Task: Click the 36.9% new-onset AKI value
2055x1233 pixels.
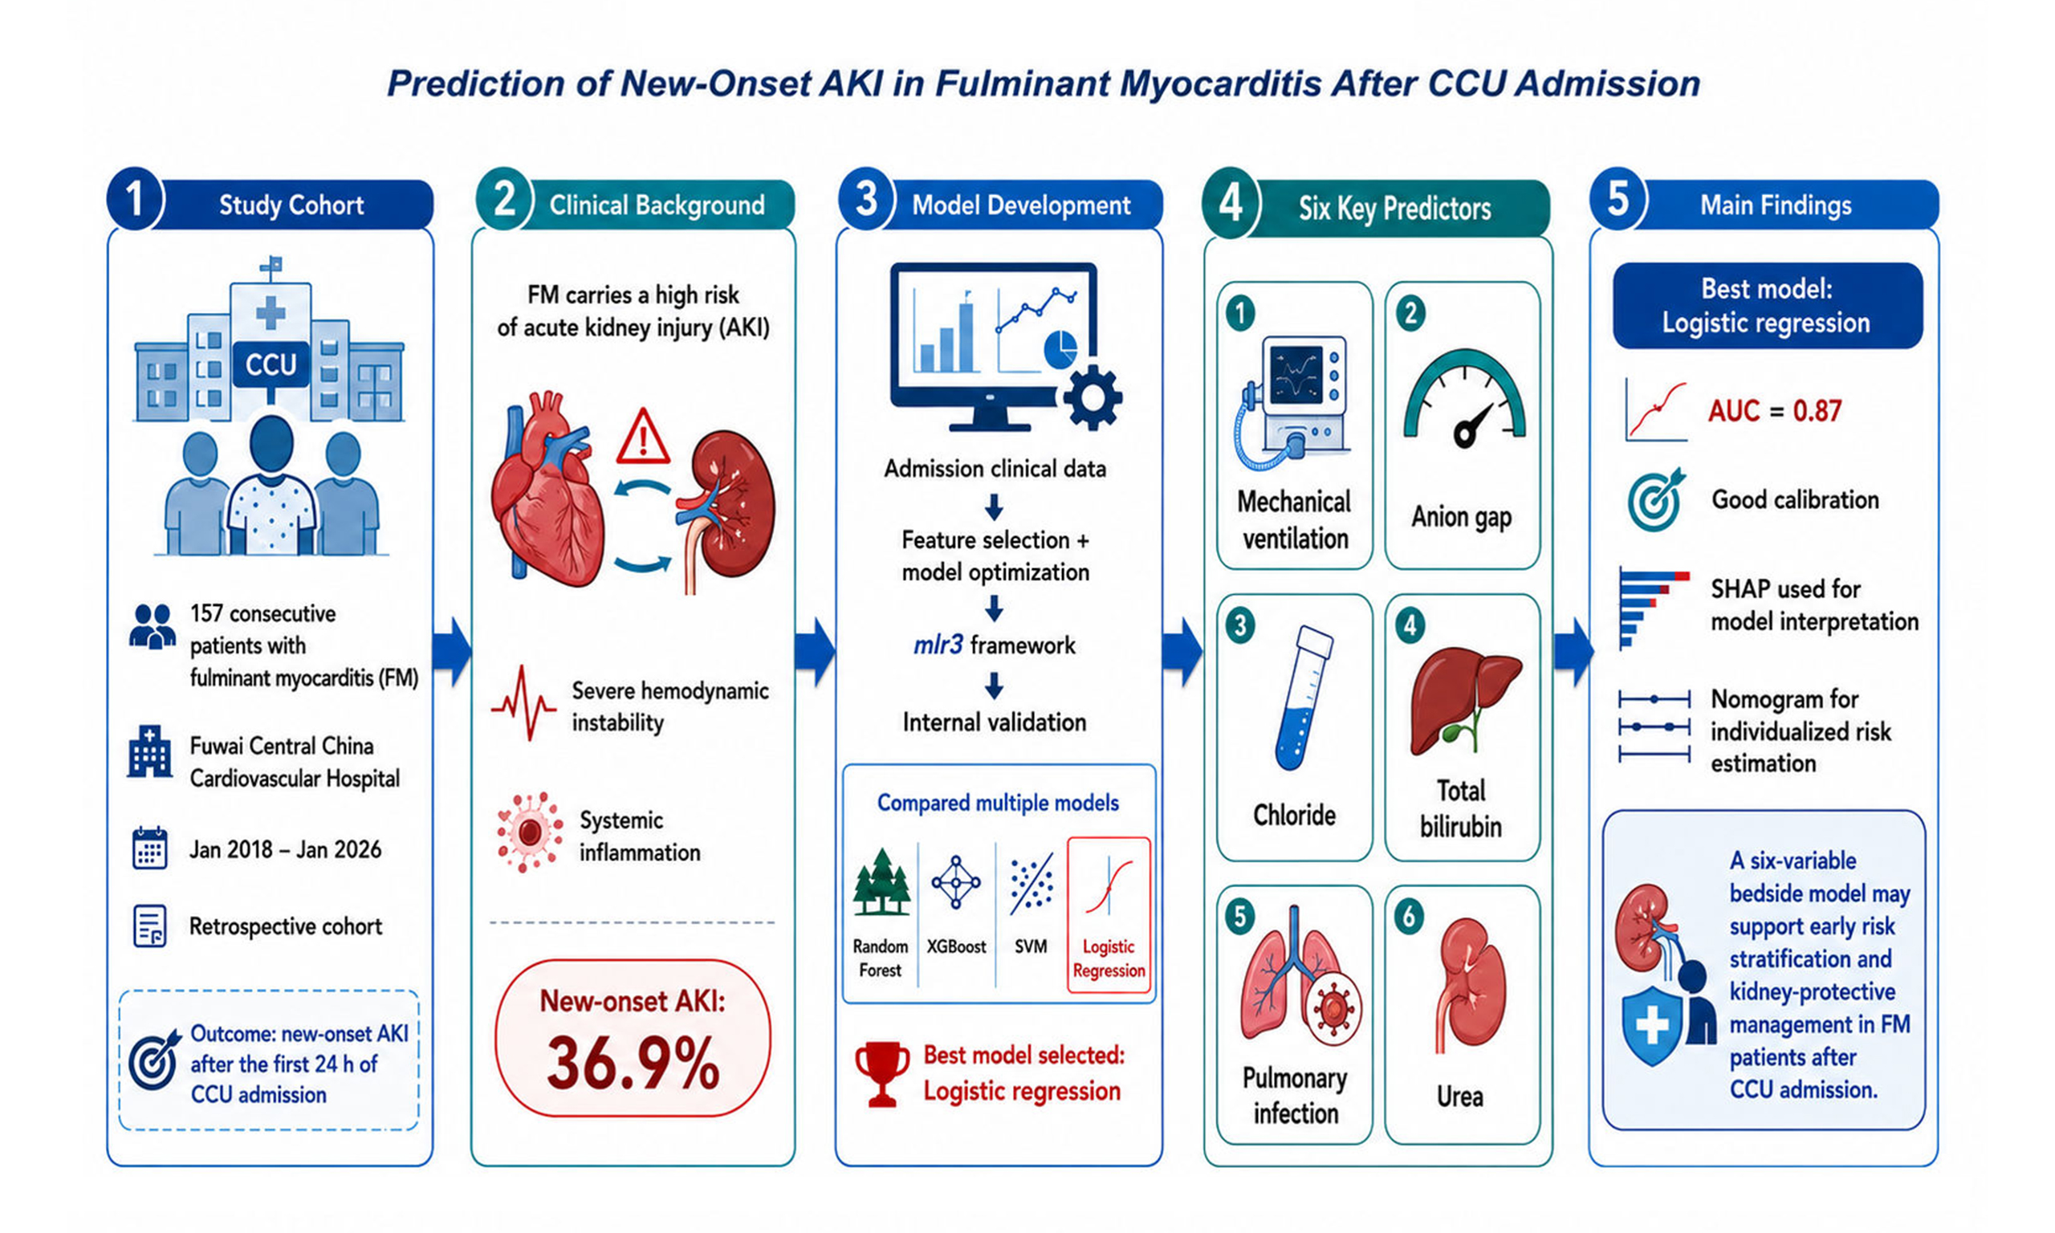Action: pyautogui.click(x=633, y=1063)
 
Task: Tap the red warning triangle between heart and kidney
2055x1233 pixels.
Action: pyautogui.click(x=642, y=437)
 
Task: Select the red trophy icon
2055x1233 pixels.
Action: pyautogui.click(x=881, y=1073)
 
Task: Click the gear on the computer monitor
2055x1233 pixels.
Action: pyautogui.click(x=1093, y=398)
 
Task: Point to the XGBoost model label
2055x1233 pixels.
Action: pyautogui.click(x=956, y=946)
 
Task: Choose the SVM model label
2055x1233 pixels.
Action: pyautogui.click(x=1031, y=946)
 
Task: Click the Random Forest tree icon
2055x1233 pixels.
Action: pyautogui.click(x=881, y=882)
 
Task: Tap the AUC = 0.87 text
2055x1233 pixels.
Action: pyautogui.click(x=1774, y=410)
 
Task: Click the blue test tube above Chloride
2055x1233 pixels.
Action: pyautogui.click(x=1303, y=698)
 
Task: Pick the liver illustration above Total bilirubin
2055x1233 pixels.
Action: pyautogui.click(x=1464, y=698)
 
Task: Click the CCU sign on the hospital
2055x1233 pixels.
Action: pyautogui.click(x=271, y=364)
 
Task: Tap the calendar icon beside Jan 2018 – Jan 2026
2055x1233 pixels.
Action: pyautogui.click(x=149, y=848)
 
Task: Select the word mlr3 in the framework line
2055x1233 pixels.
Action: pyautogui.click(x=938, y=645)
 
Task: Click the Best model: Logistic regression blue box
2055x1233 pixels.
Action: pyautogui.click(x=1767, y=306)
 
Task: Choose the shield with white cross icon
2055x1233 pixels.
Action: pyautogui.click(x=1652, y=1025)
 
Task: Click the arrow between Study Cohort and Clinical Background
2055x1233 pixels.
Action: pyautogui.click(x=452, y=653)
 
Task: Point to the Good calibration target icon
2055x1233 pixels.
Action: pyautogui.click(x=1655, y=500)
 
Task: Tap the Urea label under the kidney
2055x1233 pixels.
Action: pyautogui.click(x=1459, y=1097)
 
